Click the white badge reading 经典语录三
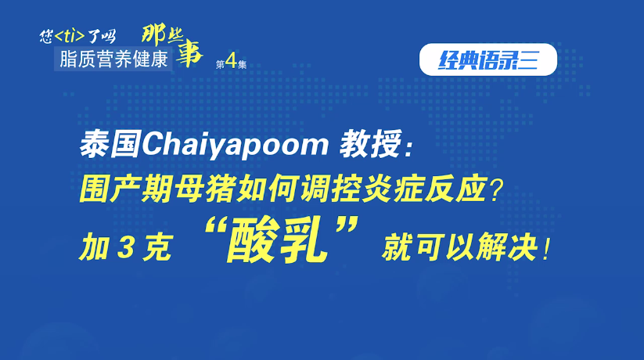[x=488, y=59]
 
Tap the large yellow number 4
[x=232, y=61]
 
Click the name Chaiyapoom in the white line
[x=235, y=145]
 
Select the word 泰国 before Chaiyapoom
[x=110, y=144]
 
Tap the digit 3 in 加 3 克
[x=125, y=247]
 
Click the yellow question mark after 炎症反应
[x=496, y=190]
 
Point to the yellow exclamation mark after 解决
[x=546, y=248]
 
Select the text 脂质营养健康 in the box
[x=113, y=59]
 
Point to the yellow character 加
[x=95, y=247]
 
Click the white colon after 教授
[x=408, y=150]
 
